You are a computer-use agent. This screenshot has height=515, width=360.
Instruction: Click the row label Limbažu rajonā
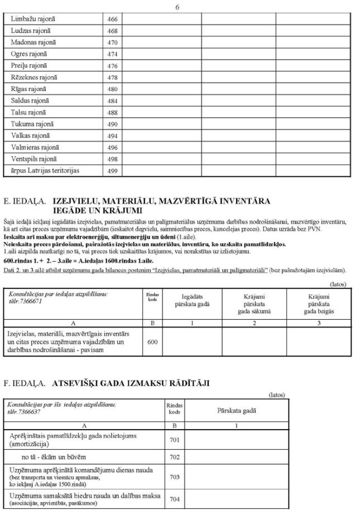coord(33,19)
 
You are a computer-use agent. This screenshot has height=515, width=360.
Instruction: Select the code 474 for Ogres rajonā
coord(112,54)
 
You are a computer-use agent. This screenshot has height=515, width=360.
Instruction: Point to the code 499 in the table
coord(112,171)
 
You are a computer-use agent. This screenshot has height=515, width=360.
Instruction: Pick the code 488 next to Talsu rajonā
coord(112,112)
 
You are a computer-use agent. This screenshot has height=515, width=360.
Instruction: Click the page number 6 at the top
coord(177,7)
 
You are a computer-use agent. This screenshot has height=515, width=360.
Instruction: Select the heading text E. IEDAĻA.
coord(24,200)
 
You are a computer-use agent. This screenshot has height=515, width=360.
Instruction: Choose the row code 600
coord(152,342)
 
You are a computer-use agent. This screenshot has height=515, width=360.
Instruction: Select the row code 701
coord(174,440)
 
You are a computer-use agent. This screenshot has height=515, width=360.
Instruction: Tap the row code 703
coord(174,477)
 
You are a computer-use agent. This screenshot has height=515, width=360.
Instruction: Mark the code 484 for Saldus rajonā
coord(112,100)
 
